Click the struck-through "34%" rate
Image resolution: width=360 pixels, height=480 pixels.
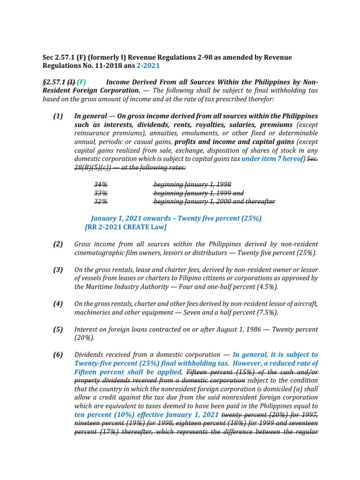(x=101, y=184)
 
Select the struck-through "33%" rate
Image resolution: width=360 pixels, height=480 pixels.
(x=101, y=193)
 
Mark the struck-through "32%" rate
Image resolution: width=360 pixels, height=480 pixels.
(x=101, y=201)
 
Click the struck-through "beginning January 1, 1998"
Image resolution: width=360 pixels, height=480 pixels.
(x=192, y=184)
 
